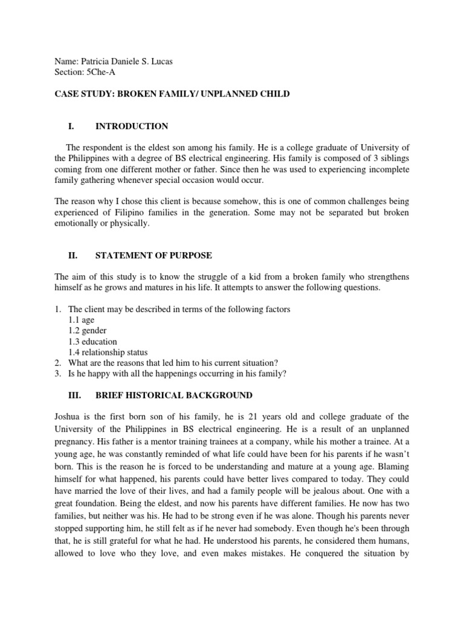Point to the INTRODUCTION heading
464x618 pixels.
pyautogui.click(x=132, y=126)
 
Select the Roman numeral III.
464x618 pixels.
pyautogui.click(x=74, y=395)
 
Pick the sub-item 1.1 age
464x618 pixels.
pyautogui.click(x=82, y=320)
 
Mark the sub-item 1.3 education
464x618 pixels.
pyautogui.click(x=92, y=342)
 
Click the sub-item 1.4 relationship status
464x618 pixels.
pyautogui.click(x=108, y=352)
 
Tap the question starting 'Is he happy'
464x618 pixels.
pyautogui.click(x=177, y=374)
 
